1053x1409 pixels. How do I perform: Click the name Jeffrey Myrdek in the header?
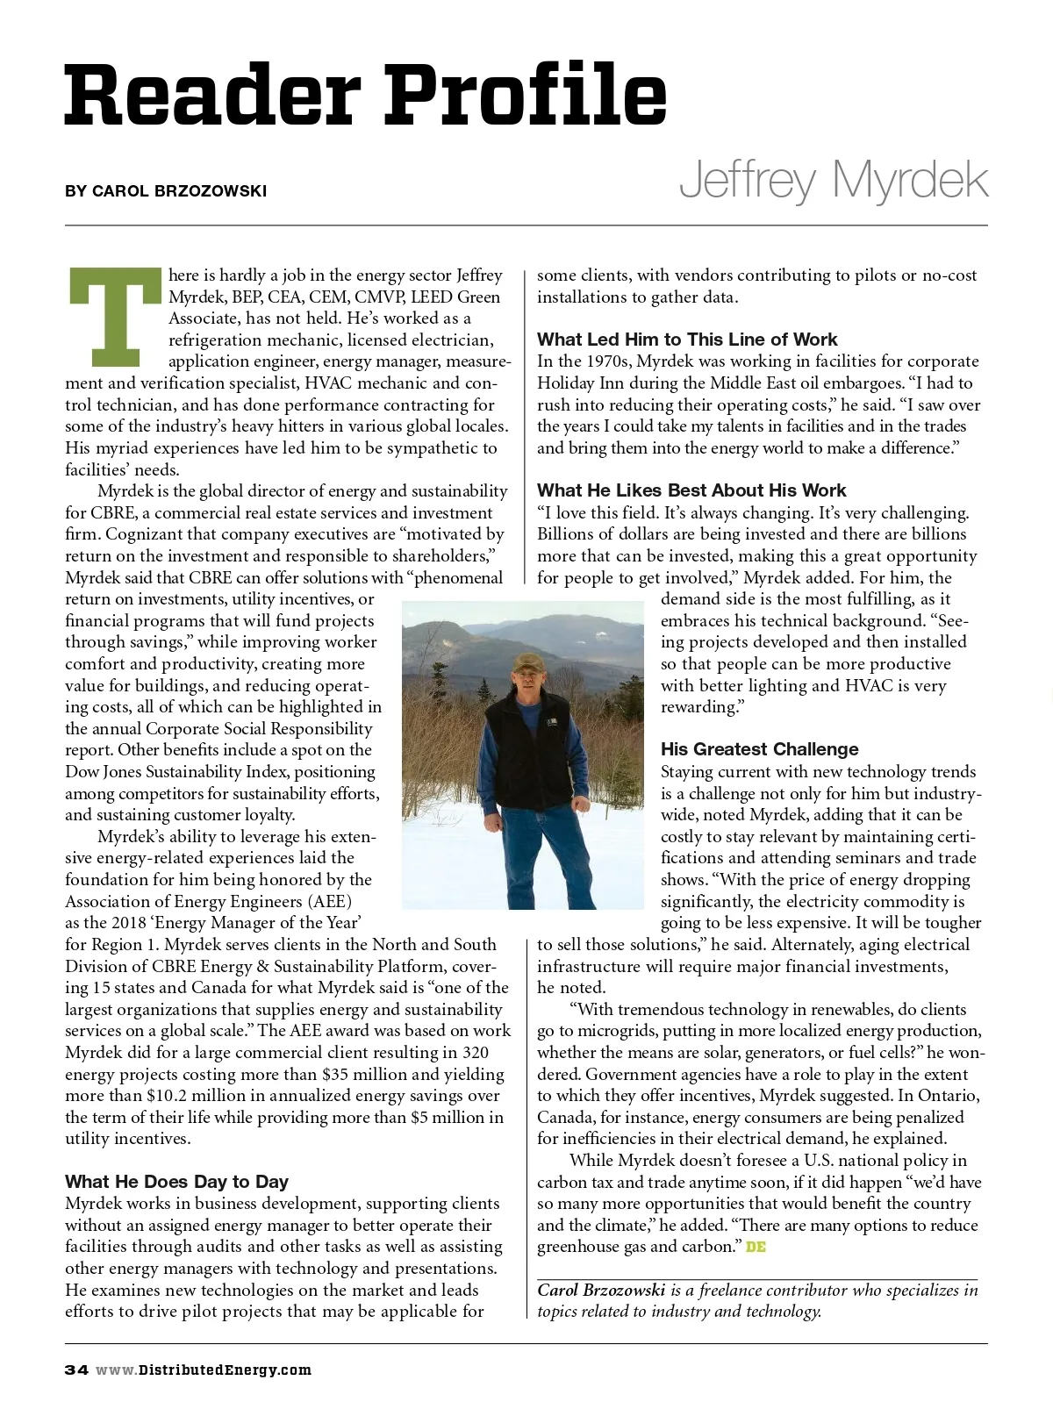pyautogui.click(x=833, y=180)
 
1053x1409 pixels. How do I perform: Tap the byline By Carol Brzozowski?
pyautogui.click(x=166, y=191)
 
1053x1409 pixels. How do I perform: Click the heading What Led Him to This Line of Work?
pyautogui.click(x=687, y=340)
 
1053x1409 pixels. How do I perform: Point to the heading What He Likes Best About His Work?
pyautogui.click(x=691, y=490)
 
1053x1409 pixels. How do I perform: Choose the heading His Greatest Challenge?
pyautogui.click(x=759, y=749)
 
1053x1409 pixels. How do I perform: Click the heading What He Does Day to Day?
pyautogui.click(x=176, y=1182)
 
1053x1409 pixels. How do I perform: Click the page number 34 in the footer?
pyautogui.click(x=76, y=1370)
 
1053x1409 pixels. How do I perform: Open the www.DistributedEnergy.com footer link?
pyautogui.click(x=204, y=1370)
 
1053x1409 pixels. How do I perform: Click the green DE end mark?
pyautogui.click(x=756, y=1247)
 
